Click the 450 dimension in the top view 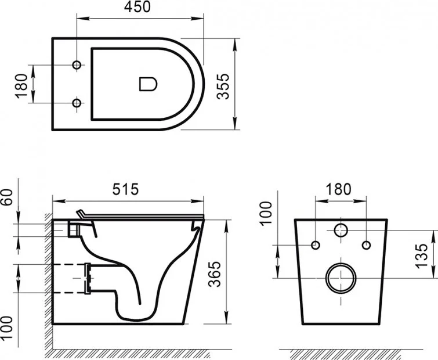pos(138,8)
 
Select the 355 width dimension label pos(225,85)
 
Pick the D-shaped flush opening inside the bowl pos(148,84)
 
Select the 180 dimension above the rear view pos(339,189)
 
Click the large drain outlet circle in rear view pos(340,279)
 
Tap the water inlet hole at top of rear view pos(341,230)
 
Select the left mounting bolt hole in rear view pos(316,244)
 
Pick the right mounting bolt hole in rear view pos(365,244)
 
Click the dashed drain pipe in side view pos(70,278)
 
